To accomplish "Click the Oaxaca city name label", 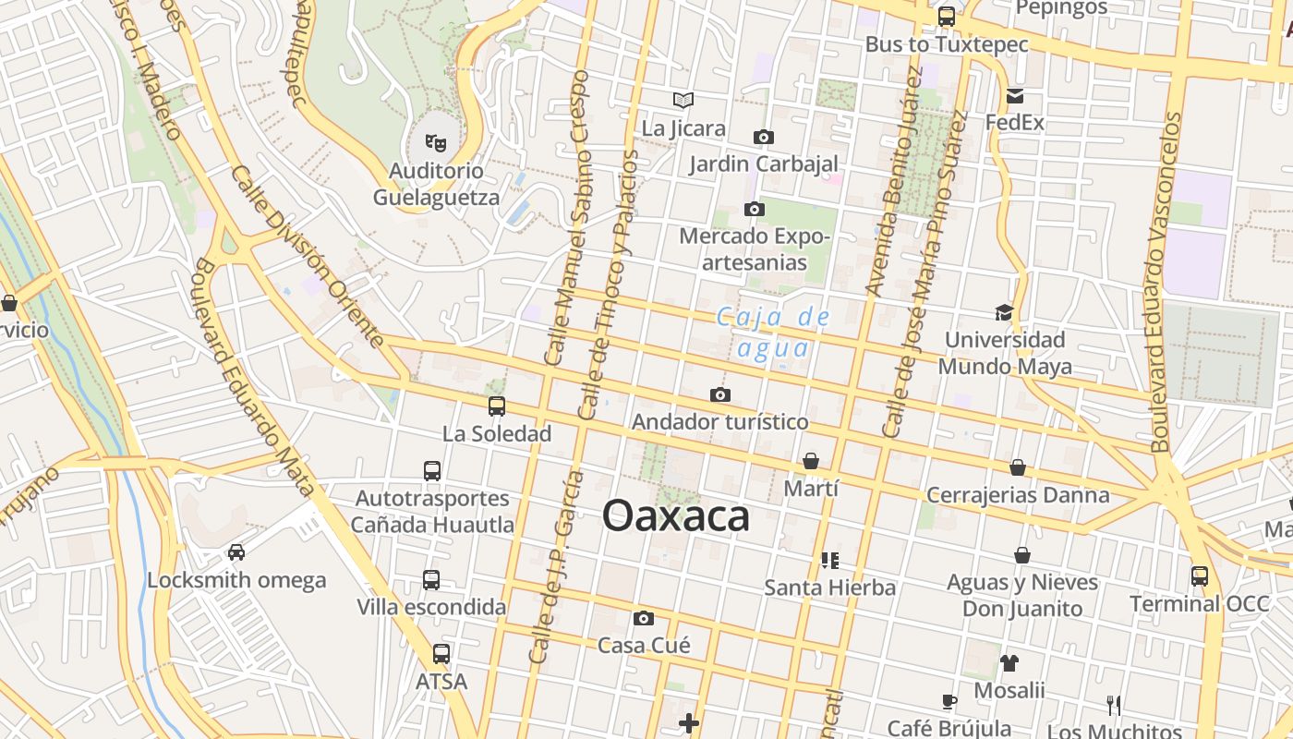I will pos(675,515).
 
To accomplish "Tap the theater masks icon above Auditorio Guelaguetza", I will pos(435,142).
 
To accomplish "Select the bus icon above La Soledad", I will pos(497,406).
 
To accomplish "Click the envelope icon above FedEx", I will pos(1015,96).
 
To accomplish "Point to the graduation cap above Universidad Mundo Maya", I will pos(1004,312).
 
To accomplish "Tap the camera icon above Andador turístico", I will pos(720,395).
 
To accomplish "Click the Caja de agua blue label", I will pos(774,333).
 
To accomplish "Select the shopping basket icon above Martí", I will pos(811,460).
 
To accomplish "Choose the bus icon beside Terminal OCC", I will pos(1199,575).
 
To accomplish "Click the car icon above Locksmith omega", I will pos(236,552).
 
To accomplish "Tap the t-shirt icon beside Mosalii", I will pos(1009,662).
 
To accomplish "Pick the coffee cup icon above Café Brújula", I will pos(949,701).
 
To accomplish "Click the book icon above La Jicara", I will pos(683,100).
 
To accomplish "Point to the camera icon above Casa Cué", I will pos(644,618).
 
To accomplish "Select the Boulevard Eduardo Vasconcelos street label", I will pos(1166,282).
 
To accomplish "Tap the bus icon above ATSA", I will pos(441,654).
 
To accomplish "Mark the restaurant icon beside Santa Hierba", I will pos(829,560).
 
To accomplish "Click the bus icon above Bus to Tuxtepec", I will pos(947,16).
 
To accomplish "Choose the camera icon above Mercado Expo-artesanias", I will pos(755,209).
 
